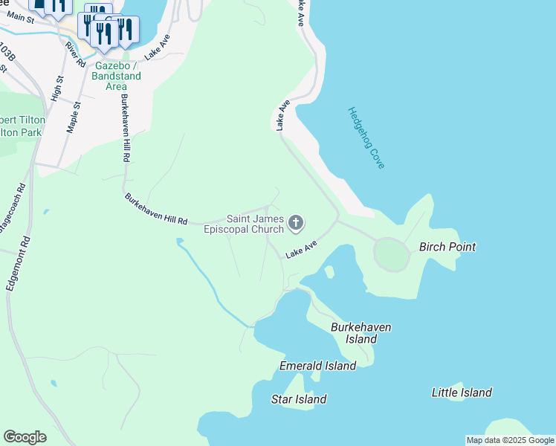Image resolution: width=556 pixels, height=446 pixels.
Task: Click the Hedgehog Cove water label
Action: click(x=366, y=138)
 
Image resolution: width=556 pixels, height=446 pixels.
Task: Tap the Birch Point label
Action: click(x=447, y=246)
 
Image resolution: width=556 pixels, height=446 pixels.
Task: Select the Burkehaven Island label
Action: click(x=361, y=333)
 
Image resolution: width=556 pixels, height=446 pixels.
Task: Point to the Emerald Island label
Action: click(x=317, y=366)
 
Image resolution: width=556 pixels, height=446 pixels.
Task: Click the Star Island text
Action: click(x=299, y=399)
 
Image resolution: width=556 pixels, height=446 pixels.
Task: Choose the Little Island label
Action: click(x=462, y=392)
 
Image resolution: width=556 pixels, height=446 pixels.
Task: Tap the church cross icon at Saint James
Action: click(x=296, y=222)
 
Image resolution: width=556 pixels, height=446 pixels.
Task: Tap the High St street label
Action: click(x=56, y=88)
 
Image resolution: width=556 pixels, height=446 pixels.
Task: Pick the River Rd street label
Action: click(x=71, y=56)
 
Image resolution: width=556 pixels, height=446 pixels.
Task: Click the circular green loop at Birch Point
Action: click(x=391, y=255)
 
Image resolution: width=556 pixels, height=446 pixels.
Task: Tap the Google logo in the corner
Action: click(x=25, y=437)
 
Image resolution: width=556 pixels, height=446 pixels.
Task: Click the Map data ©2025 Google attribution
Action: click(x=510, y=440)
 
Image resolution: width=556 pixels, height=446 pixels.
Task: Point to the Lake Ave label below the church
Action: click(x=302, y=249)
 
